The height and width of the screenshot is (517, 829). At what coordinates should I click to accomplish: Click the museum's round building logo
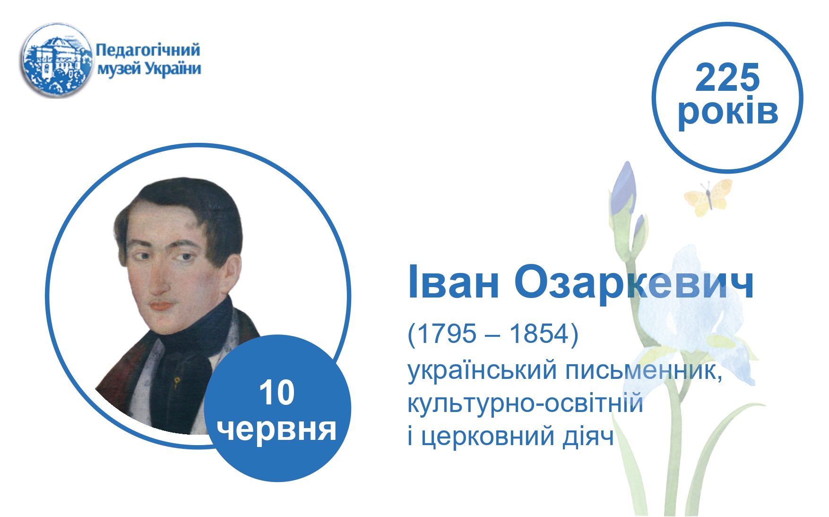point(56,60)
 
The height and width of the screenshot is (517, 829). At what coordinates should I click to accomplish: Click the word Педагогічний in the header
point(148,50)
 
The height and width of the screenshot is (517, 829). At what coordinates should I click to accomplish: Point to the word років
point(728,112)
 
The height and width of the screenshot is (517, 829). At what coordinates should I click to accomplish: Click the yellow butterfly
point(708,197)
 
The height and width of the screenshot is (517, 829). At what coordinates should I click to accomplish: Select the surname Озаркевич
point(634,283)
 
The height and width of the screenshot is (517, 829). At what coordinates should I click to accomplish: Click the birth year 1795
point(446,334)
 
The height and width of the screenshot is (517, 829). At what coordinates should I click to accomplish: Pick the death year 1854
point(539,334)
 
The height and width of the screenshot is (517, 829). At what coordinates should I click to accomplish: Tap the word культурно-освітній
point(525,403)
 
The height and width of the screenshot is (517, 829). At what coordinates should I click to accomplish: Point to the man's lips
point(161,305)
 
